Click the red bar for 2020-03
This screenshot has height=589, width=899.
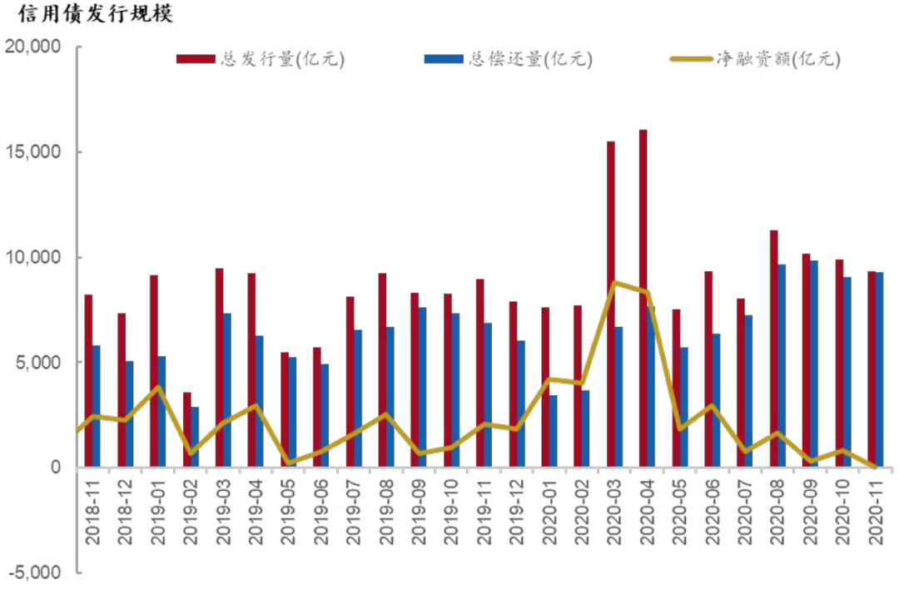coord(611,304)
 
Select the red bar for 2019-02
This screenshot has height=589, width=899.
coord(187,429)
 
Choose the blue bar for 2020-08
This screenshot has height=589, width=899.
coord(782,366)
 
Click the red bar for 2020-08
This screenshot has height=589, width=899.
coord(773,349)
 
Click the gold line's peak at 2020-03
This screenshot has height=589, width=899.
coord(614,283)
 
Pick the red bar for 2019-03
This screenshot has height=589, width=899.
coord(220,367)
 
